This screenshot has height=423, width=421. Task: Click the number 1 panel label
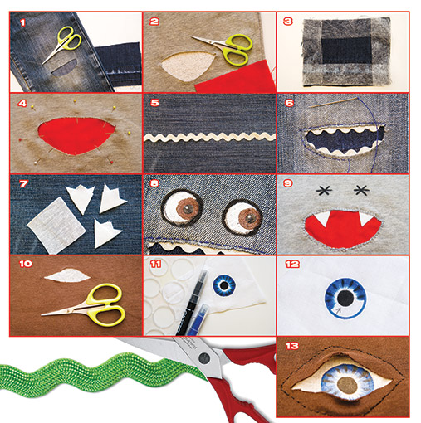click(x=22, y=22)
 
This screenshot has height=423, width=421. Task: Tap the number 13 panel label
click(x=292, y=346)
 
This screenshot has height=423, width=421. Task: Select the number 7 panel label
click(x=24, y=183)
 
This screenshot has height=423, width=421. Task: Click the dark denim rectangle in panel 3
click(x=346, y=51)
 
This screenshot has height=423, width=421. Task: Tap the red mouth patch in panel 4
click(x=76, y=136)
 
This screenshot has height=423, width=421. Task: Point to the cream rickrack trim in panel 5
click(x=209, y=137)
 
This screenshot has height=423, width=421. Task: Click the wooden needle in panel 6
click(x=333, y=102)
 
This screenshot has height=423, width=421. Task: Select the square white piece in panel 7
click(x=56, y=226)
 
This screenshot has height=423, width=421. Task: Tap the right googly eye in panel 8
click(x=242, y=216)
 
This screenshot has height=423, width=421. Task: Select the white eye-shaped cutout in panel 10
click(x=67, y=275)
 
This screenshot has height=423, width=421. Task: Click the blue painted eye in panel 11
click(x=224, y=285)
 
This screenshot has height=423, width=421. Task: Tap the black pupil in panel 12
click(x=345, y=299)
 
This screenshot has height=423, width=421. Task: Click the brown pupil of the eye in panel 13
click(x=348, y=386)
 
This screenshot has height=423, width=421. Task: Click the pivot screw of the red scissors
click(x=204, y=358)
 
